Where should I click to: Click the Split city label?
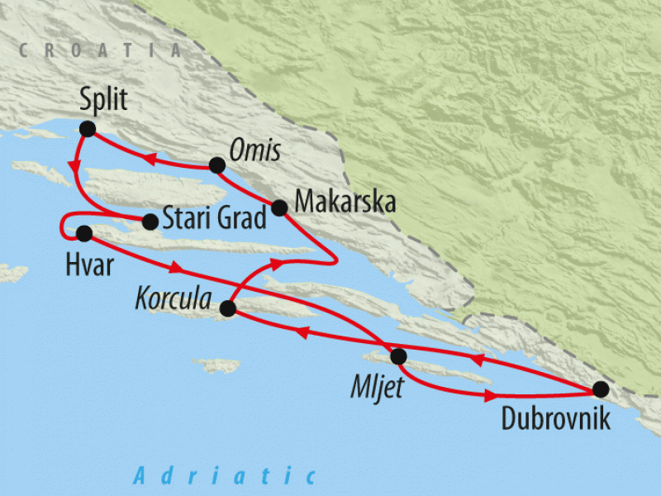pyautogui.click(x=104, y=101)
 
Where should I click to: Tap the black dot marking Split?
pyautogui.click(x=87, y=128)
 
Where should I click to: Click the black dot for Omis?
pyautogui.click(x=216, y=165)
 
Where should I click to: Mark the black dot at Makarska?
pyautogui.click(x=279, y=207)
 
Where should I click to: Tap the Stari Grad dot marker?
pyautogui.click(x=150, y=222)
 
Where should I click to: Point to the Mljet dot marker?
pyautogui.click(x=398, y=356)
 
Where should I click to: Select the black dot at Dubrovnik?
pyautogui.click(x=600, y=389)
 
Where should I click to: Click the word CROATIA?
pyautogui.click(x=100, y=50)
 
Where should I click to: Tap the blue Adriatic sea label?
pyautogui.click(x=225, y=475)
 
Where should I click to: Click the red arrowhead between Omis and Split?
pyautogui.click(x=151, y=159)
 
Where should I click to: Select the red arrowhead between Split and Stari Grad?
pyautogui.click(x=76, y=165)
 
